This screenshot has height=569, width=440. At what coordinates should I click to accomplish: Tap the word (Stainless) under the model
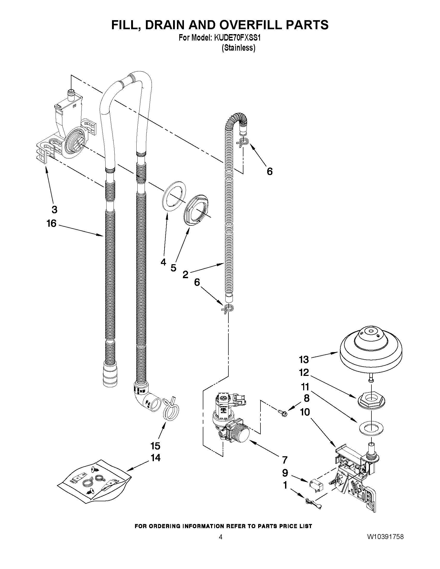(x=238, y=48)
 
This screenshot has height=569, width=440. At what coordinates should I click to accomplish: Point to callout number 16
(x=51, y=223)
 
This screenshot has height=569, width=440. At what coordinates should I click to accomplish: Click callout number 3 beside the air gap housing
(x=54, y=209)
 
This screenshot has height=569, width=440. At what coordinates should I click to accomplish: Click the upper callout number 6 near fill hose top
(x=270, y=171)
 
